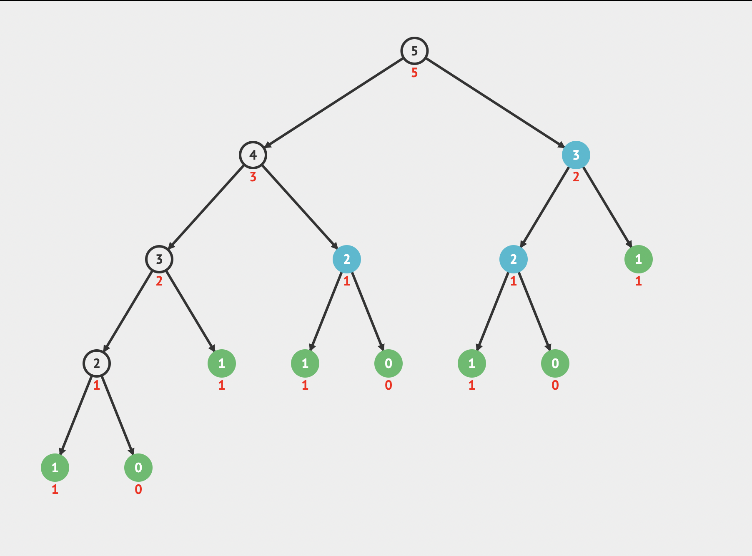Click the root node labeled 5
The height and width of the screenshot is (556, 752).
point(414,51)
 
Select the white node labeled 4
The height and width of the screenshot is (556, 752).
point(253,155)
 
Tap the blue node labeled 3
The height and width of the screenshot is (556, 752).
point(576,155)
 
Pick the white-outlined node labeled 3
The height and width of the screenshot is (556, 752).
point(159,259)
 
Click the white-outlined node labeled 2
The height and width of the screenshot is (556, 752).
point(97,363)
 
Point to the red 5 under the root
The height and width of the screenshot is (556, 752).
point(414,73)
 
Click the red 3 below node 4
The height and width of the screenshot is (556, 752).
point(253,177)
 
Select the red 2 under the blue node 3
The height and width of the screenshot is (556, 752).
point(576,177)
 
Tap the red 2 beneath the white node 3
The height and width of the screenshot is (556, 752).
point(159,281)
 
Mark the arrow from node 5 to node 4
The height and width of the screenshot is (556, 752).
point(334,103)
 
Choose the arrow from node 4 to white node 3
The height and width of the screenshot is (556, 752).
point(206,207)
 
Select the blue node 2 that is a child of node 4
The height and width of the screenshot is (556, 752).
point(347,259)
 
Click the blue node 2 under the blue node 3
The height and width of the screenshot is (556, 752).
point(514,259)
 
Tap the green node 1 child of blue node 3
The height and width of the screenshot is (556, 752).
point(639,259)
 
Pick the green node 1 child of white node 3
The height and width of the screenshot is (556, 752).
point(222,363)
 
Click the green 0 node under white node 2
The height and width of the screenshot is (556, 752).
point(138,468)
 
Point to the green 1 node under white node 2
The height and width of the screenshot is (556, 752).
point(55,468)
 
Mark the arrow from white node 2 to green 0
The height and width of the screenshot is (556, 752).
point(118,416)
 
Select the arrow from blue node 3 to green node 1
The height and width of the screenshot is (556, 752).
point(607,207)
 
